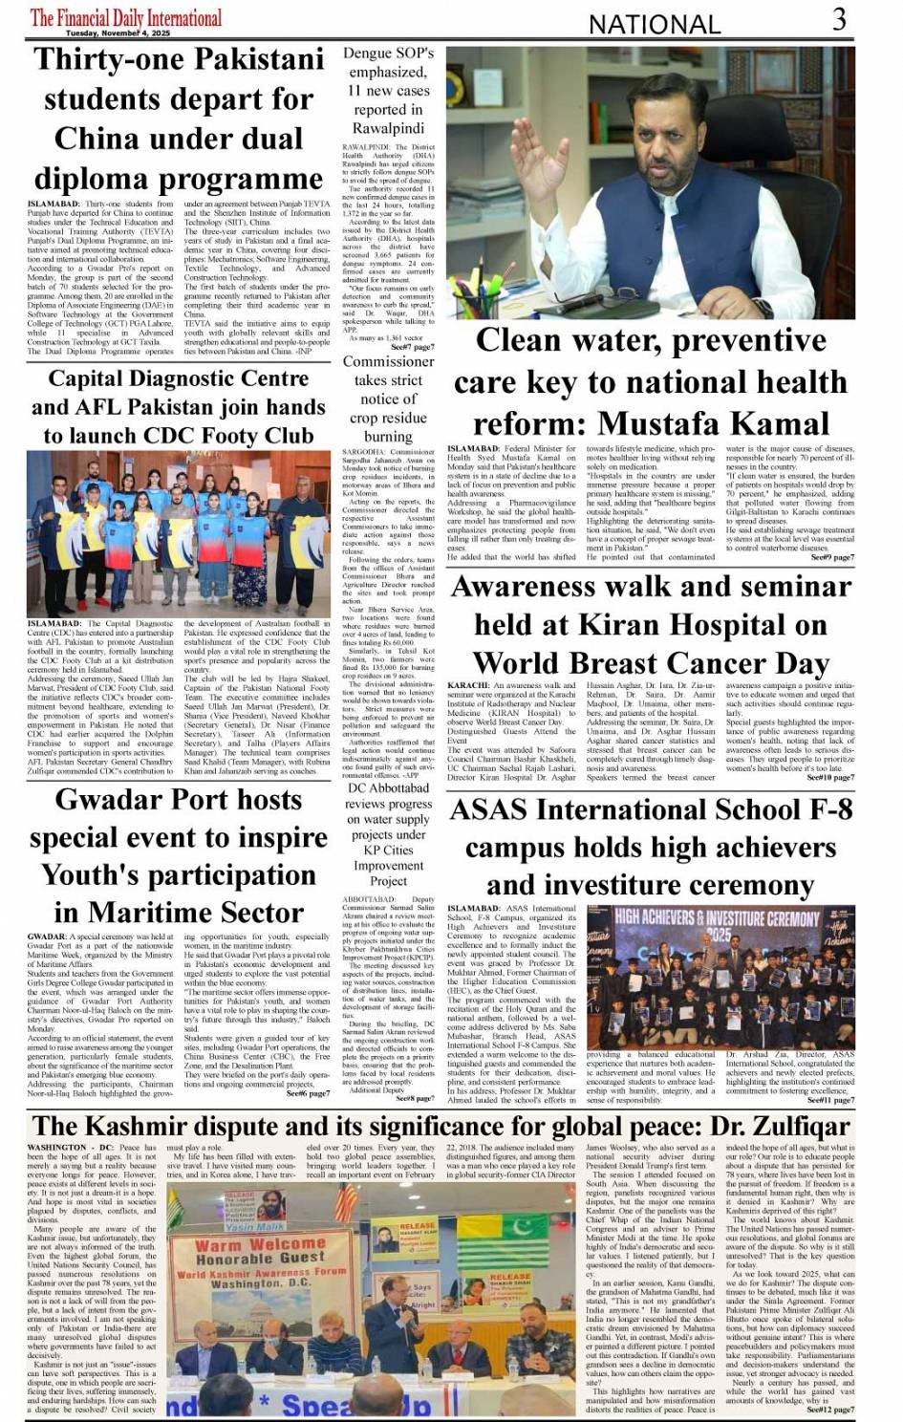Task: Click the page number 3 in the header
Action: click(x=839, y=20)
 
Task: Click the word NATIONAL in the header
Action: click(x=654, y=24)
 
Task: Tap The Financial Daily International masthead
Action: click(x=126, y=17)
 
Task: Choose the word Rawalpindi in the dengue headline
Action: click(x=388, y=128)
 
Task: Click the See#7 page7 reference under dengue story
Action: click(x=412, y=347)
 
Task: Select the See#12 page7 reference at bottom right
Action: click(x=830, y=1409)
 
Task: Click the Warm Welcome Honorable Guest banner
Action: click(x=260, y=1252)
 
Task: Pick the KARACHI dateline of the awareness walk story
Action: click(x=468, y=685)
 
